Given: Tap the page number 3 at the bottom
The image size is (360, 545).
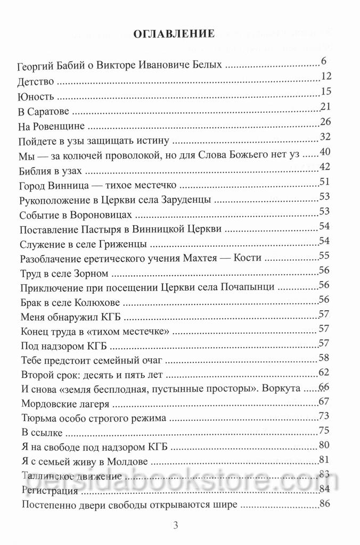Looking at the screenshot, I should click(x=176, y=526).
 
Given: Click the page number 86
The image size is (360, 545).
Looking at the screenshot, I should click(x=325, y=503).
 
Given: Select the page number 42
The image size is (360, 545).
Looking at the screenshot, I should click(x=325, y=167).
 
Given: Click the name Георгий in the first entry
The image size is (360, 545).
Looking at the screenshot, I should click(x=37, y=68).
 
